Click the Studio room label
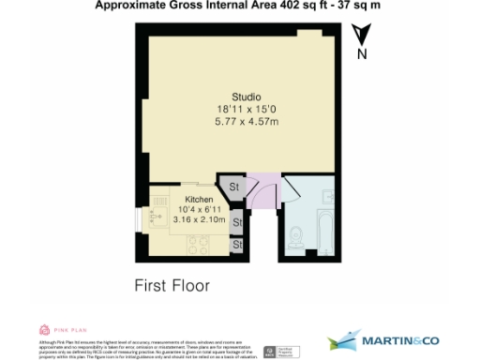pos(247,97)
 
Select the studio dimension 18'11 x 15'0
pos(247,109)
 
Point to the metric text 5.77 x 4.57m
pos(247,122)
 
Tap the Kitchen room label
pos(200,200)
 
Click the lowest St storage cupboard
pos(237,245)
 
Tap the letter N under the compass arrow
pos(361,54)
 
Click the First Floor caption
pos(172,285)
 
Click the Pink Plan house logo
pos(45,330)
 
